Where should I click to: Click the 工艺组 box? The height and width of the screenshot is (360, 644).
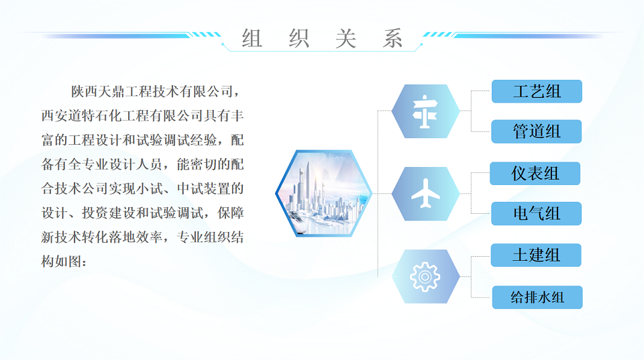(537, 91)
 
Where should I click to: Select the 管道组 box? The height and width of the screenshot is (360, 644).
(537, 131)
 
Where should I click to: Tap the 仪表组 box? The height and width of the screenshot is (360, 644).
(535, 173)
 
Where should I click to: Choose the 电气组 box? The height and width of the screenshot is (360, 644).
(537, 213)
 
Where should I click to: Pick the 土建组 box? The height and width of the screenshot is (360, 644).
(536, 255)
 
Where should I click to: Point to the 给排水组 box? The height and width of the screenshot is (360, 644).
(537, 297)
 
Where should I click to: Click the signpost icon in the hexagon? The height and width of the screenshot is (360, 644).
(425, 112)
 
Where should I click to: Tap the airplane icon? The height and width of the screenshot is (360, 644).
(425, 193)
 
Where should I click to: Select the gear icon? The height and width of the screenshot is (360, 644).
(425, 277)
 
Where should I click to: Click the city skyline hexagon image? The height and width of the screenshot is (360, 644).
(323, 193)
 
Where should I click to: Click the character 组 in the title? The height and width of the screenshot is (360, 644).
(252, 39)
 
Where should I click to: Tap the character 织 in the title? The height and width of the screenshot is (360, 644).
(299, 39)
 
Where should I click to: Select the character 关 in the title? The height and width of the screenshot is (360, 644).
(346, 39)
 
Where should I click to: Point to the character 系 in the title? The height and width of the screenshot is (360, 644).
(392, 39)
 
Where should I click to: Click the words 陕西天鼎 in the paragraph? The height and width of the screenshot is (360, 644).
(98, 92)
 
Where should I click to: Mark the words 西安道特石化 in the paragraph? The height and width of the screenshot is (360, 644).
(82, 116)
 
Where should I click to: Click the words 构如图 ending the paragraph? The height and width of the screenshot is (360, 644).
(61, 261)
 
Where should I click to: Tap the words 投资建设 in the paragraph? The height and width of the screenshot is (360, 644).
(109, 213)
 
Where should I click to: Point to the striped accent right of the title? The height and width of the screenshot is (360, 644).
(438, 34)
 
